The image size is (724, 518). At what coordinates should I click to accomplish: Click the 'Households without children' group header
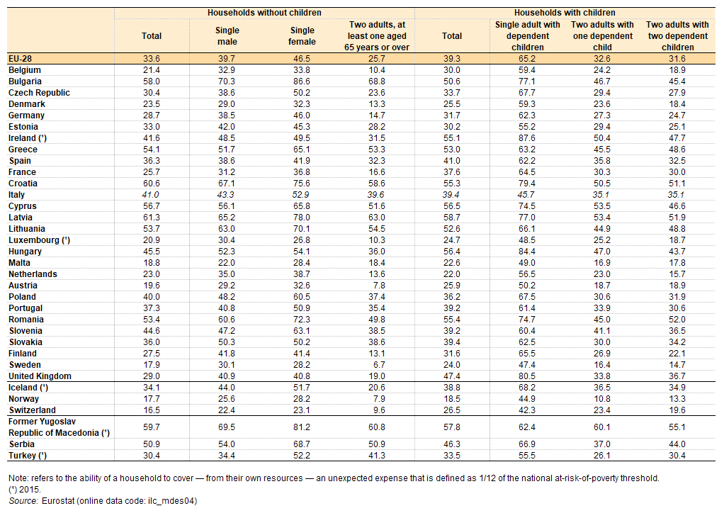[264, 13]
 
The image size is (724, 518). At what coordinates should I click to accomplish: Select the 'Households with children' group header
[565, 13]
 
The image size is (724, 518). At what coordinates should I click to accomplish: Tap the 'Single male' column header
[227, 35]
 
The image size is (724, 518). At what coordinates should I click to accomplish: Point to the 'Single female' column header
[302, 35]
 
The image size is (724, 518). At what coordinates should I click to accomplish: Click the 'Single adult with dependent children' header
[527, 35]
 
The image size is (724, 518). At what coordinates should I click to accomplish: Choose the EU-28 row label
[21, 59]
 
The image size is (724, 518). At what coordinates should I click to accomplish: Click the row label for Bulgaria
[25, 81]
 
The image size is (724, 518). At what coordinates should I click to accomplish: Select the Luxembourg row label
[39, 240]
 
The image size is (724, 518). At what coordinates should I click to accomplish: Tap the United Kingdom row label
[40, 376]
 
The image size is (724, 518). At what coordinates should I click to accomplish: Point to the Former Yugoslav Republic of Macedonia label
[59, 427]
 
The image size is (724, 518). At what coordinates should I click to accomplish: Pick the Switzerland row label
[33, 410]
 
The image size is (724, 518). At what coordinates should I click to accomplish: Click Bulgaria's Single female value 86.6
[302, 81]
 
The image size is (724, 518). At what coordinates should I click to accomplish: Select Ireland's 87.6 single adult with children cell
[527, 138]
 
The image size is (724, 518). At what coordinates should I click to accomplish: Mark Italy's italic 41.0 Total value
[150, 195]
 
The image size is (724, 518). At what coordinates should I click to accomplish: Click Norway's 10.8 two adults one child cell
[602, 399]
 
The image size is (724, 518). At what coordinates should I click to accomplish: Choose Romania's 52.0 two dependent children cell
[677, 320]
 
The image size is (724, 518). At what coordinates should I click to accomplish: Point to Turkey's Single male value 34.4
[227, 455]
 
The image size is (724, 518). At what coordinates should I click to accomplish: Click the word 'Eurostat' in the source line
[57, 501]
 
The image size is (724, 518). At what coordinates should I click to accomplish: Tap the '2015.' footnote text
[30, 490]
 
